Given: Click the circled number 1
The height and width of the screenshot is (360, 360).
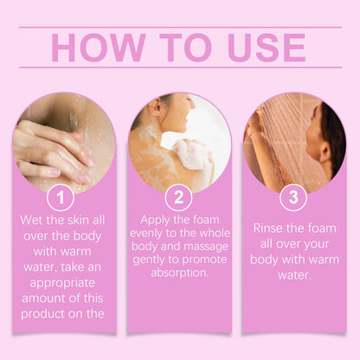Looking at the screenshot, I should [60, 197].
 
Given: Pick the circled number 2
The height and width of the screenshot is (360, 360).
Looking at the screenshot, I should [178, 197].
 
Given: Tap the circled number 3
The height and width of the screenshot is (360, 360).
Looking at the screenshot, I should [293, 197].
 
